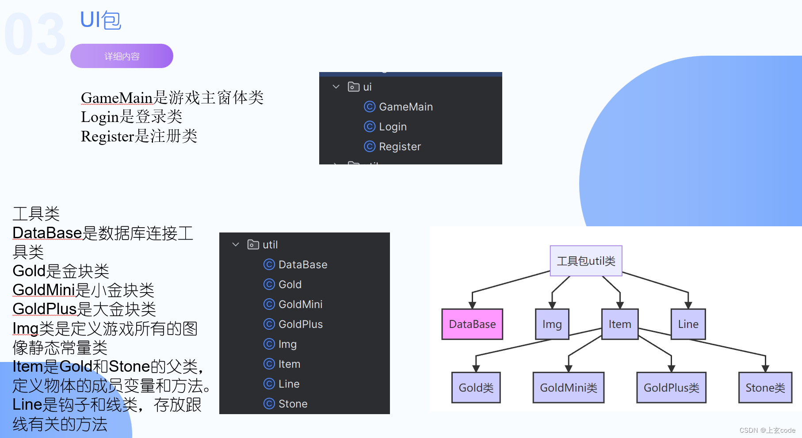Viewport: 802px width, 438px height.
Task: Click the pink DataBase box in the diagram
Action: pyautogui.click(x=472, y=324)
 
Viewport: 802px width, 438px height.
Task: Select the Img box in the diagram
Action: pyautogui.click(x=552, y=324)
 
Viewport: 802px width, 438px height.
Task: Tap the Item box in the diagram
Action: pyautogui.click(x=619, y=324)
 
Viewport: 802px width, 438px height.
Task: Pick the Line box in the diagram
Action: pyautogui.click(x=688, y=324)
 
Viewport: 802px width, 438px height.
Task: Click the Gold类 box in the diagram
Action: pyautogui.click(x=476, y=388)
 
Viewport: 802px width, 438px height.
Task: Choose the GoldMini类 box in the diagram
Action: pyautogui.click(x=568, y=388)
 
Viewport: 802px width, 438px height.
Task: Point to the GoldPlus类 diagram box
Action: pyautogui.click(x=671, y=388)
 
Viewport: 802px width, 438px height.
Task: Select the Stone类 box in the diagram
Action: pyautogui.click(x=765, y=388)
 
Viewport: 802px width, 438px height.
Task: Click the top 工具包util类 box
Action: pyautogui.click(x=586, y=261)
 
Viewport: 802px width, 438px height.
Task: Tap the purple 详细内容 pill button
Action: pyautogui.click(x=122, y=56)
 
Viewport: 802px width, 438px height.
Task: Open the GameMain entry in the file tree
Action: pyautogui.click(x=405, y=107)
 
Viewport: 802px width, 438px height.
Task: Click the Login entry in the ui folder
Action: pyautogui.click(x=393, y=127)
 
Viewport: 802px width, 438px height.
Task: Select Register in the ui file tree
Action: pyautogui.click(x=400, y=147)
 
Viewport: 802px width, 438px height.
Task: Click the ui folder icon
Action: pyautogui.click(x=354, y=87)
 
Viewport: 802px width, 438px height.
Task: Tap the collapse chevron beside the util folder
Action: pyautogui.click(x=236, y=244)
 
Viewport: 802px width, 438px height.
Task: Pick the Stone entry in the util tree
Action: pyautogui.click(x=293, y=404)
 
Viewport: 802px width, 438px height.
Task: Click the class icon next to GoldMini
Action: pyautogui.click(x=269, y=304)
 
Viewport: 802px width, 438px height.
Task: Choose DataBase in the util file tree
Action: pyautogui.click(x=303, y=265)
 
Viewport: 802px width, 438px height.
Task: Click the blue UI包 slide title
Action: pyautogui.click(x=100, y=20)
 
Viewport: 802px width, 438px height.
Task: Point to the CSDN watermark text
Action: pyautogui.click(x=767, y=430)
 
